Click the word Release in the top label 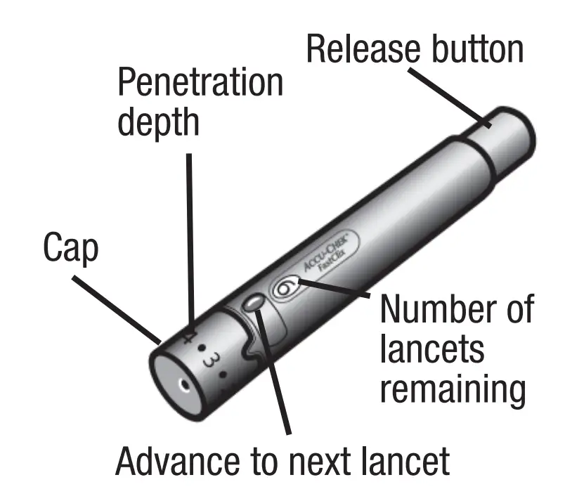[363, 50]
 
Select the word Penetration [200, 84]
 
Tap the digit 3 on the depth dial [209, 360]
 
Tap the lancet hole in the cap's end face [183, 386]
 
